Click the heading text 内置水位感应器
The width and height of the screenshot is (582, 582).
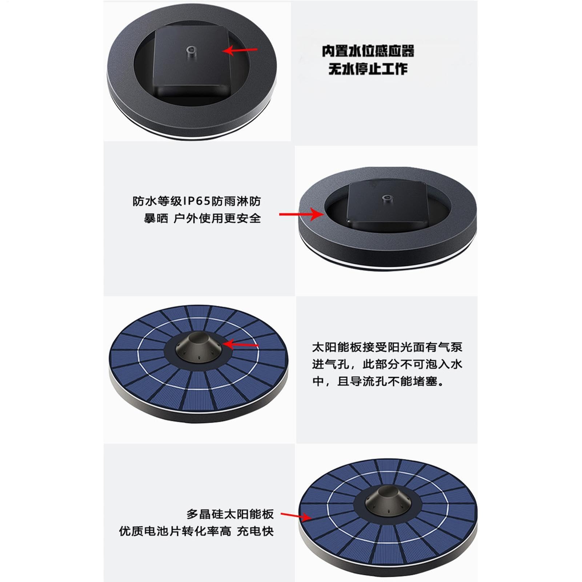[x=368, y=51]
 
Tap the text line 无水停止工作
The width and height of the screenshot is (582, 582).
[x=368, y=69]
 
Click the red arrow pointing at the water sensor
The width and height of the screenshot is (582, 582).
[x=240, y=50]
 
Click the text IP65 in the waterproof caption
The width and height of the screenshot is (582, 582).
[x=197, y=201]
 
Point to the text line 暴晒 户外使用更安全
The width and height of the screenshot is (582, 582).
[x=202, y=218]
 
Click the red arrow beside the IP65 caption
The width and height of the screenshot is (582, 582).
[x=301, y=214]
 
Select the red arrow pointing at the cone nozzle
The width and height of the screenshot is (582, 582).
[x=240, y=344]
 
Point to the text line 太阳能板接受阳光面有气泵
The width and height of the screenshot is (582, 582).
[x=387, y=347]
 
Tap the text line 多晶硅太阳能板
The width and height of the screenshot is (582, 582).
[x=230, y=514]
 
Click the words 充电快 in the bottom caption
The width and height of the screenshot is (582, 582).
[x=255, y=531]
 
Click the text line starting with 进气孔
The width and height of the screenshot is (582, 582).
[x=387, y=364]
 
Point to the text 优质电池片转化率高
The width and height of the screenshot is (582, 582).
[x=175, y=531]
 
